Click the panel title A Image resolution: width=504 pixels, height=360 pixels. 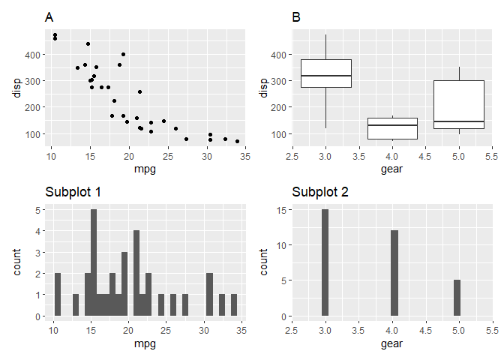tap(49, 17)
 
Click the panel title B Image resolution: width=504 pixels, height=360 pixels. tap(295, 17)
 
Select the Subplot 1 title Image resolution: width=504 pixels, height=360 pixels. tap(73, 192)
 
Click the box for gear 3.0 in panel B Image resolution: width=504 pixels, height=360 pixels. tap(325, 73)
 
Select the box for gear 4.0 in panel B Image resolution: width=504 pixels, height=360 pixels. tap(392, 128)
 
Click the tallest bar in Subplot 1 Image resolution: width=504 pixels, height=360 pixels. tap(94, 262)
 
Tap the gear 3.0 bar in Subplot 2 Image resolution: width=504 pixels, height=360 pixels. tap(325, 262)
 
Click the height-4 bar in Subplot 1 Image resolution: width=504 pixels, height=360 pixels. tap(136, 273)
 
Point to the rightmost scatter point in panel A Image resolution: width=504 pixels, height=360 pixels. tap(237, 141)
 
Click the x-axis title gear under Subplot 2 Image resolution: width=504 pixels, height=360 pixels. tap(391, 343)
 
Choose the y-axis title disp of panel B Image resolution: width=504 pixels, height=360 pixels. tap(262, 88)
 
